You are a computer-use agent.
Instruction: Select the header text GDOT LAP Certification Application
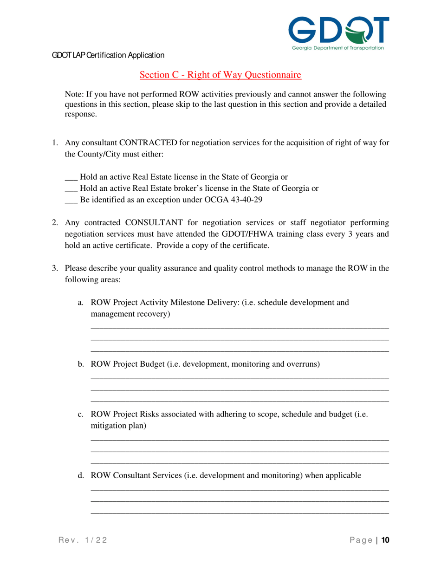click(108, 55)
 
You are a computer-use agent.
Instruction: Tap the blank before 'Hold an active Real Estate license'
click(71, 177)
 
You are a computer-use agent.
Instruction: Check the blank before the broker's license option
click(71, 188)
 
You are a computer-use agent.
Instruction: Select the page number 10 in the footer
click(385, 540)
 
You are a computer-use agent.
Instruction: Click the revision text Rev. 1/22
click(82, 540)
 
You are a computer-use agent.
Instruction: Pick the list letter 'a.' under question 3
click(80, 303)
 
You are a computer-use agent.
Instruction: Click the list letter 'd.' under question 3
click(80, 475)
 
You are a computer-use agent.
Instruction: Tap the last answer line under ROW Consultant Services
click(240, 513)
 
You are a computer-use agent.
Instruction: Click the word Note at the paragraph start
click(73, 94)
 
